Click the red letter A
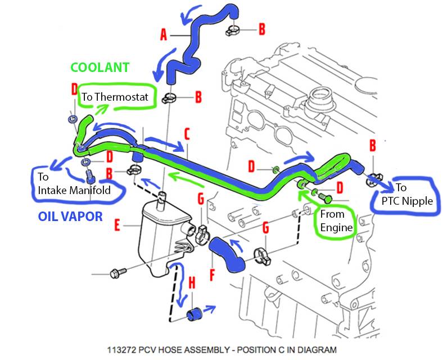[164, 35]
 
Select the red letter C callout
[187, 134]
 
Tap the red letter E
[117, 226]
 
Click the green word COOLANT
[100, 67]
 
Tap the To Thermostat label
[115, 97]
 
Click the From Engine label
[335, 221]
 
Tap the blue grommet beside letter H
[195, 312]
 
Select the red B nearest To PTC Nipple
[373, 146]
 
